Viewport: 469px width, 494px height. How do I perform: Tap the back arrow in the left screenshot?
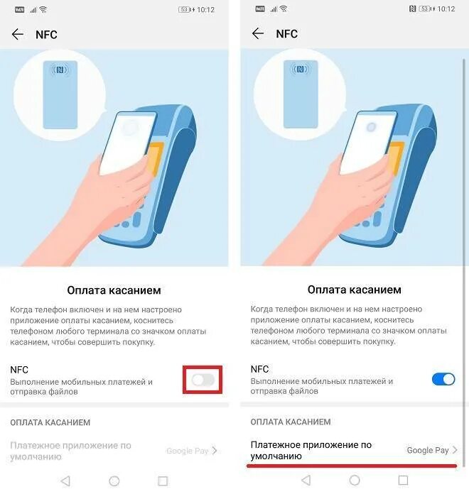click(18, 34)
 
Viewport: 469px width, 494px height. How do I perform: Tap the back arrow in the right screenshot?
click(258, 34)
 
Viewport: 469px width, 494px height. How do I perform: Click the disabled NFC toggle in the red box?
click(203, 380)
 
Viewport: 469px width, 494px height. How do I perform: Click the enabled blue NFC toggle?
click(443, 379)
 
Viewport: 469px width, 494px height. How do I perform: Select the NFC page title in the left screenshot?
click(46, 34)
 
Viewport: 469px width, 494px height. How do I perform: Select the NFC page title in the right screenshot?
click(286, 34)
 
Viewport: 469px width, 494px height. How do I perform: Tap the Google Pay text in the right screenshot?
click(427, 450)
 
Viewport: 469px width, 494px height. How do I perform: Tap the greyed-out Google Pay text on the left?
click(187, 451)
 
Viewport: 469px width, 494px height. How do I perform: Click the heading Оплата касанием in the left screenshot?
click(114, 290)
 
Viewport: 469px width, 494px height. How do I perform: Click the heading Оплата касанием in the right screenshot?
click(355, 290)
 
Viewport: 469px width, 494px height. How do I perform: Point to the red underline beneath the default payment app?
click(352, 466)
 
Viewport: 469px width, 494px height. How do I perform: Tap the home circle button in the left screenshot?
click(114, 481)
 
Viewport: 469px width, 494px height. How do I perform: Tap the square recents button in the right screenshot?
click(403, 481)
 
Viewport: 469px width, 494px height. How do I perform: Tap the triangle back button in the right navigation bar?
click(306, 481)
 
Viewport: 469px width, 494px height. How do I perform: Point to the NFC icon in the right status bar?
click(413, 9)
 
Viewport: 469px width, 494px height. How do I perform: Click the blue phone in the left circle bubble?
click(60, 94)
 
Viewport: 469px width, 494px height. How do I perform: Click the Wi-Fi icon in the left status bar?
click(43, 9)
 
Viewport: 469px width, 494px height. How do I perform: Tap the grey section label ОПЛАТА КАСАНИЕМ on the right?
click(291, 422)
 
